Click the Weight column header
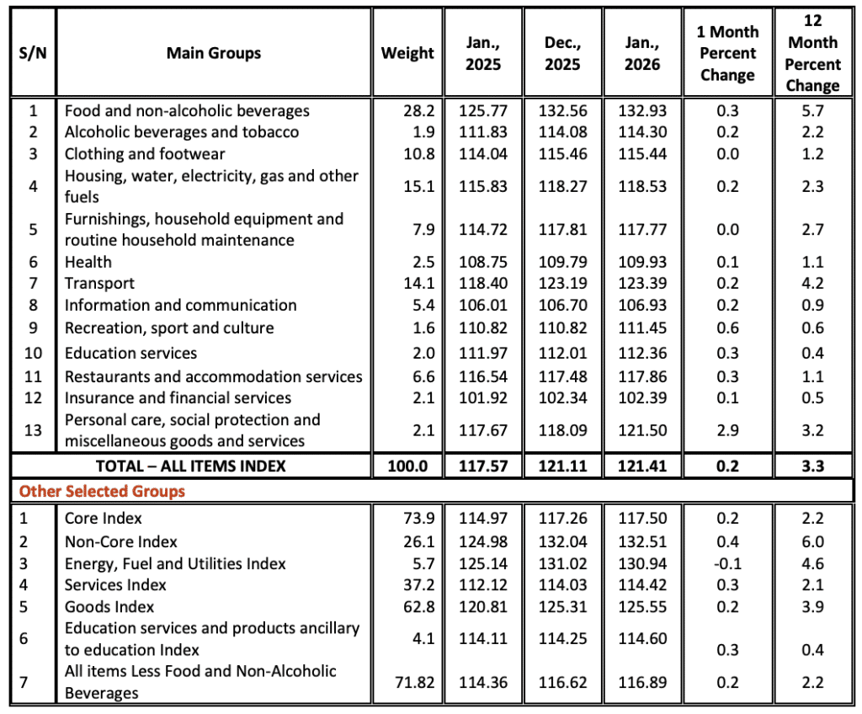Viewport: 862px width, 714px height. pyautogui.click(x=407, y=53)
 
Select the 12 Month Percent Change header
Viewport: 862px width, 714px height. pyautogui.click(x=811, y=53)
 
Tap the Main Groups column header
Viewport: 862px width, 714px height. pyautogui.click(x=214, y=53)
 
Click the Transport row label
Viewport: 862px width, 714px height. pyautogui.click(x=99, y=284)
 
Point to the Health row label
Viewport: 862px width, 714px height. pyautogui.click(x=88, y=262)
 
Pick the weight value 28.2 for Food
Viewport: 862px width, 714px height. pyautogui.click(x=418, y=111)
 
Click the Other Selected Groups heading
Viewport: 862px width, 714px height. pyautogui.click(x=102, y=491)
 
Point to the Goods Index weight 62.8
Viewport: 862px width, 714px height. pyautogui.click(x=418, y=607)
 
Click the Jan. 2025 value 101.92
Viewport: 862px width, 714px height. pyautogui.click(x=483, y=398)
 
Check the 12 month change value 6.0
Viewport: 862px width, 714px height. pyautogui.click(x=811, y=541)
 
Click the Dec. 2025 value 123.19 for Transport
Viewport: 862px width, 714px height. pyautogui.click(x=563, y=284)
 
